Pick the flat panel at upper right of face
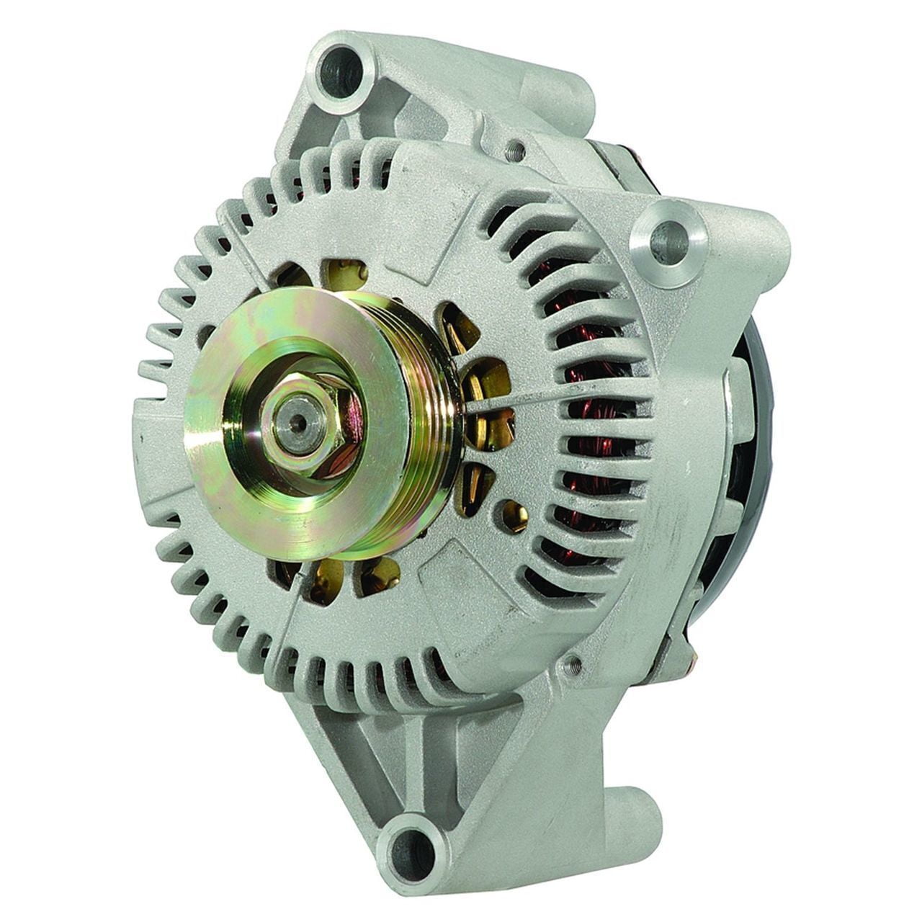[x=461, y=202]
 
